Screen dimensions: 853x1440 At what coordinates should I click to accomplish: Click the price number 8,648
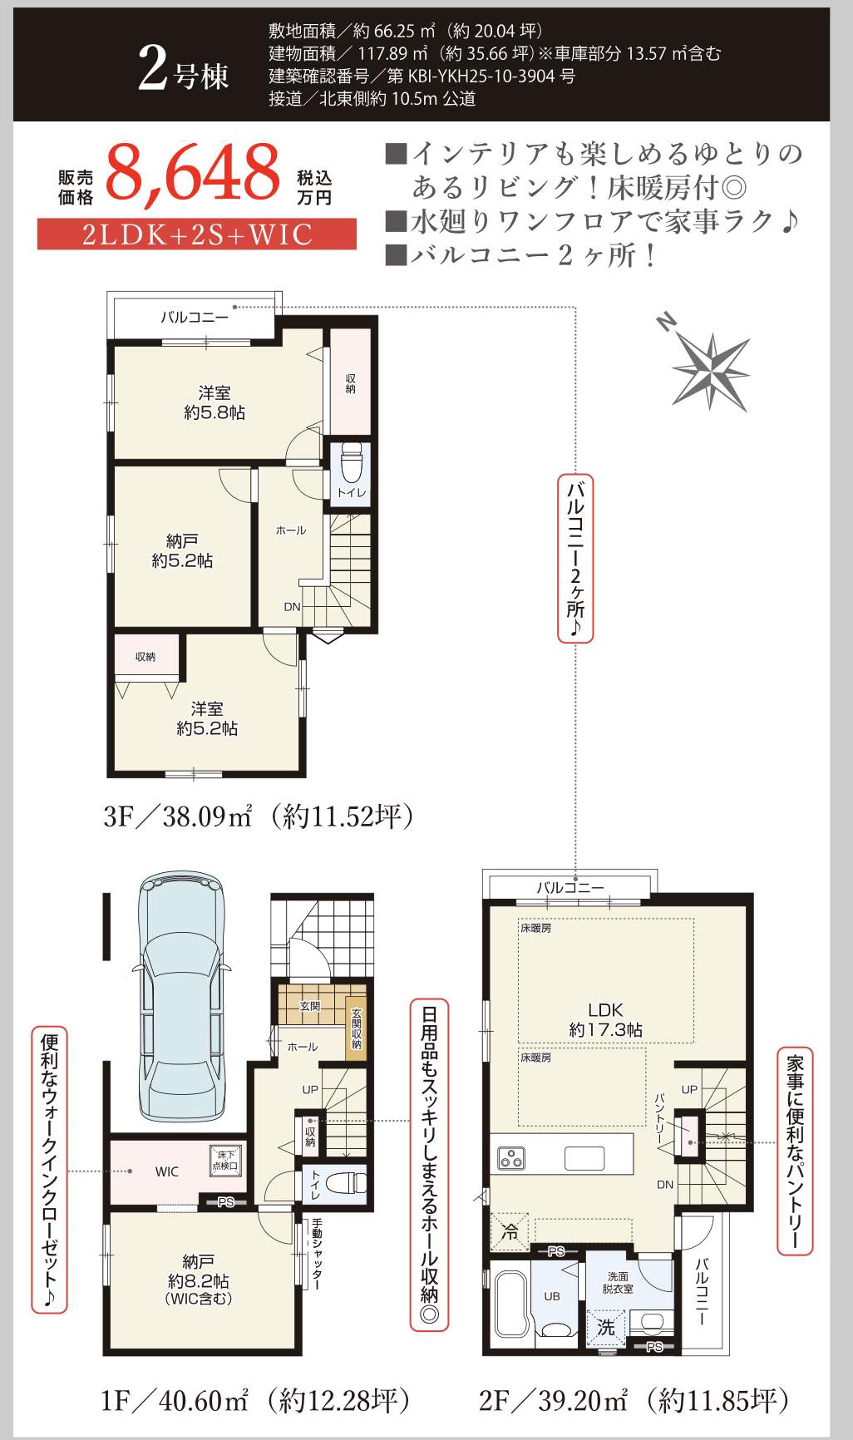click(x=194, y=173)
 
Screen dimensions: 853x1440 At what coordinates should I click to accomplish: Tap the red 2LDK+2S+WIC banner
click(x=197, y=234)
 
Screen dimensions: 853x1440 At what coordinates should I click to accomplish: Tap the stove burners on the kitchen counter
click(x=511, y=1157)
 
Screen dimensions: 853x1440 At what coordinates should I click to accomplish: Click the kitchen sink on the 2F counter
click(x=584, y=1158)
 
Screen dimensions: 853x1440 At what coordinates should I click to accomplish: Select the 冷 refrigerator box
click(x=510, y=1231)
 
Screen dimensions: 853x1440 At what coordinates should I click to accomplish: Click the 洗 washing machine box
click(x=605, y=1328)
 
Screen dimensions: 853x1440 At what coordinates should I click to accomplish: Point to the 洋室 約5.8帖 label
click(x=214, y=402)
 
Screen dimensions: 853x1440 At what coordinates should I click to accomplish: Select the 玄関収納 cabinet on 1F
click(x=356, y=1028)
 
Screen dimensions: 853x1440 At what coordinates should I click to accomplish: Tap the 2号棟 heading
click(x=183, y=70)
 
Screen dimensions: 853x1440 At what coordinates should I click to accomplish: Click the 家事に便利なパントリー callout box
click(x=795, y=1151)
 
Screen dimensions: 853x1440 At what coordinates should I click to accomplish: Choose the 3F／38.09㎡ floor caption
click(x=258, y=816)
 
